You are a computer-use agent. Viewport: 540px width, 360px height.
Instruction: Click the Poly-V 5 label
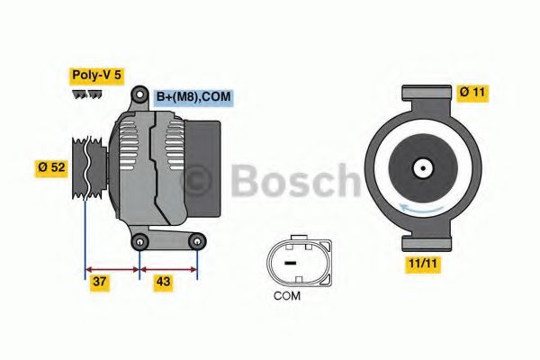click(x=97, y=76)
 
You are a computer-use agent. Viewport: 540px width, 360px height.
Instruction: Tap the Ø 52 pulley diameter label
click(x=51, y=167)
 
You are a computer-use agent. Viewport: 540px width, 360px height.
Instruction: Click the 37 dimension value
click(x=102, y=282)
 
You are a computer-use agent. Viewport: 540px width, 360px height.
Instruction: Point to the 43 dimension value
click(x=164, y=282)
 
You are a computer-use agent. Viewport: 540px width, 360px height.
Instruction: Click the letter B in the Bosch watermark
click(x=247, y=181)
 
